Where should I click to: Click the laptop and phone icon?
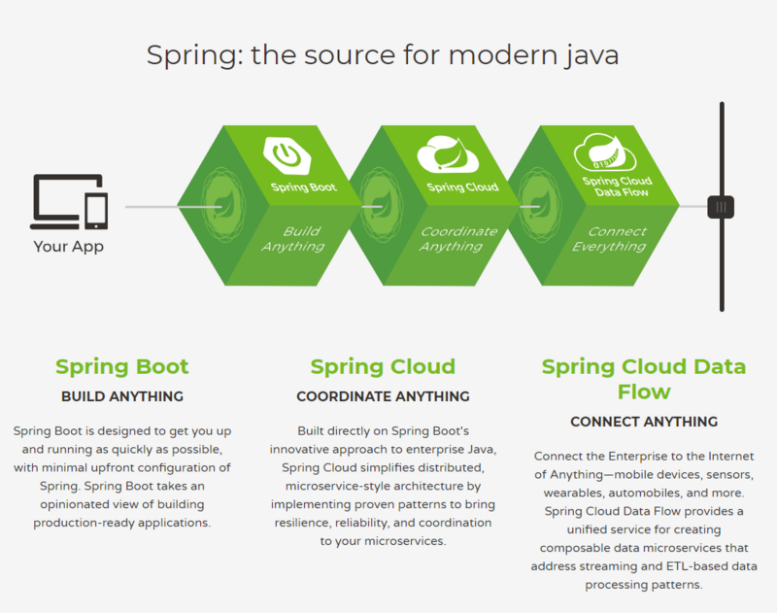(x=69, y=201)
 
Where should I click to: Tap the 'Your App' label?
(x=68, y=247)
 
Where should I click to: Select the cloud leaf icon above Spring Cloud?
(x=448, y=154)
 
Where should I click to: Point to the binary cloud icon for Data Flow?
(x=605, y=153)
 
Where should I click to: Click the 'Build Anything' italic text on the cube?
(x=293, y=239)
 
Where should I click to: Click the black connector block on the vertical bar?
(x=721, y=207)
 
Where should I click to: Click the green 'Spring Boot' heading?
(x=122, y=367)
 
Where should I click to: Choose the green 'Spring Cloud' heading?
(x=383, y=367)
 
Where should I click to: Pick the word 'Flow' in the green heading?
(x=644, y=392)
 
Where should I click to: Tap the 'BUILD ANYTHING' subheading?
(x=122, y=396)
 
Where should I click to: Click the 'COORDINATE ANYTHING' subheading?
(x=383, y=396)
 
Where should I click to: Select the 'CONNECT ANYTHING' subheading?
(x=644, y=422)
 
